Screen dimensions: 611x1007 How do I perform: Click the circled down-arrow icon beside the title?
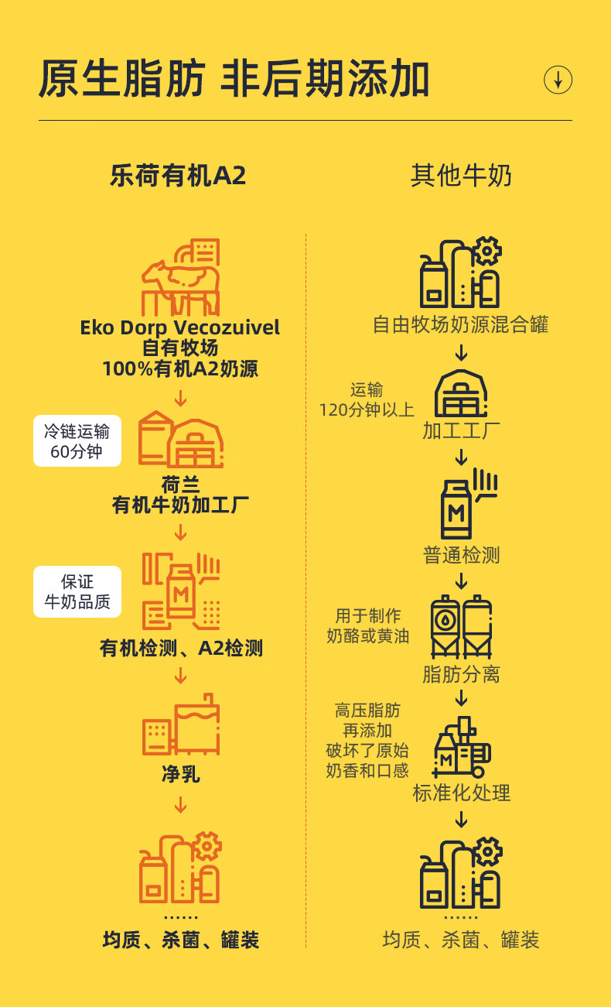[x=558, y=80]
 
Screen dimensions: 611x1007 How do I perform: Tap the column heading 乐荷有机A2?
[x=178, y=176]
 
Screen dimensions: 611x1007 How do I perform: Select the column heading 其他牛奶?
[x=461, y=176]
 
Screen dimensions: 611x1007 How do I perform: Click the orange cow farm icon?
[x=181, y=277]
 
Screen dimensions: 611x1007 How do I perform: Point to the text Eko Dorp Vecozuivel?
[x=179, y=327]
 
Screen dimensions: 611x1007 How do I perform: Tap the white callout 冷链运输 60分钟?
[x=77, y=440]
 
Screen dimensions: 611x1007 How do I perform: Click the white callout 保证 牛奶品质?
[x=77, y=591]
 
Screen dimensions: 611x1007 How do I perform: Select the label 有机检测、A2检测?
[x=181, y=649]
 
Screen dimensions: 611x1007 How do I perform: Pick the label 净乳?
[x=181, y=774]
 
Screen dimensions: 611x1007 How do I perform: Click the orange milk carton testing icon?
[x=181, y=591]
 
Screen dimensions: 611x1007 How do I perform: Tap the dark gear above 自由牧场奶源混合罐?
[x=486, y=251]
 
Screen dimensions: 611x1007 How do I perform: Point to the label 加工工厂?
[x=461, y=430]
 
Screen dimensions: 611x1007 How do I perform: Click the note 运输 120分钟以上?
[x=367, y=399]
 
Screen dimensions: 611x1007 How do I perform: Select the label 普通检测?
[x=461, y=555]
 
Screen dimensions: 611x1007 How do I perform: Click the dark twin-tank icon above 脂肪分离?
[x=461, y=627]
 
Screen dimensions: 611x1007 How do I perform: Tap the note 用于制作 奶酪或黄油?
[x=367, y=625]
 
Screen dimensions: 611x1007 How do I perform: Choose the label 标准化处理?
[x=461, y=793]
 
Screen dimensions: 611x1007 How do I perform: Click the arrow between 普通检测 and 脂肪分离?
[x=461, y=581]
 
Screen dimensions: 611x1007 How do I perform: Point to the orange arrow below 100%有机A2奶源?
[x=181, y=399]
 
